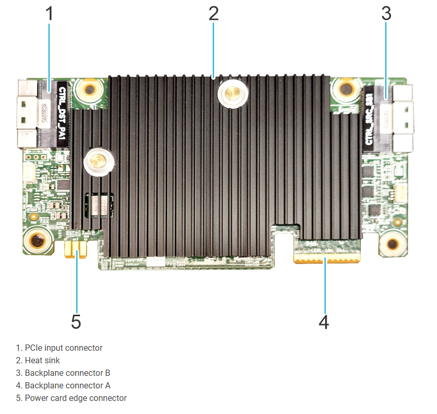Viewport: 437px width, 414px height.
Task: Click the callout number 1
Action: pyautogui.click(x=50, y=14)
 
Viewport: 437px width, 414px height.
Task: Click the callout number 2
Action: pyautogui.click(x=213, y=14)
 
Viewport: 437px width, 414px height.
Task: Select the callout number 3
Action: pyautogui.click(x=386, y=14)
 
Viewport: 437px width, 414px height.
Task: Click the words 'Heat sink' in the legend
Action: pyautogui.click(x=42, y=360)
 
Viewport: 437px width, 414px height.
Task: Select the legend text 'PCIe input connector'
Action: pyautogui.click(x=63, y=348)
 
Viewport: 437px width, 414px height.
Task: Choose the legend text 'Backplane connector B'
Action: pyautogui.click(x=67, y=373)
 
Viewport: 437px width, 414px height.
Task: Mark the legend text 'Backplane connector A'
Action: pyautogui.click(x=67, y=385)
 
